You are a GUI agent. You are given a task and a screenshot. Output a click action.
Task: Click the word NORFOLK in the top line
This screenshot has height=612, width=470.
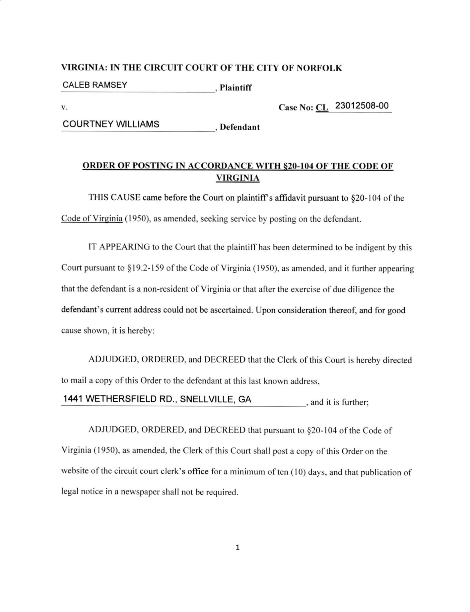click(319, 68)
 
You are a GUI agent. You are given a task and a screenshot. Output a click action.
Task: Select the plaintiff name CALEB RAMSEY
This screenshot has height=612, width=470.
click(95, 85)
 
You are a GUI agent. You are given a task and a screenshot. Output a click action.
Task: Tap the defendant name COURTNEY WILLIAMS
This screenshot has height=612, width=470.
click(111, 124)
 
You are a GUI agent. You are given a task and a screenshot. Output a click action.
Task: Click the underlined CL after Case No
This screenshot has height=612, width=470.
click(322, 108)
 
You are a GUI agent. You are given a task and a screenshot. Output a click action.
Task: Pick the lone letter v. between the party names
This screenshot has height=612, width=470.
click(64, 108)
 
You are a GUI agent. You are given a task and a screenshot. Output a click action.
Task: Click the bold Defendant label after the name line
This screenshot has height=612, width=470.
click(240, 127)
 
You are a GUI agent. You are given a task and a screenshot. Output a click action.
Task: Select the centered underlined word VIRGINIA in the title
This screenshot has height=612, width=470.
click(238, 178)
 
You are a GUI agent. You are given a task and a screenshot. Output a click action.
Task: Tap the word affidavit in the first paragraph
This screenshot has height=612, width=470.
click(290, 198)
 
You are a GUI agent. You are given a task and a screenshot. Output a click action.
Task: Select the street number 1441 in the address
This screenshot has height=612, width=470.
click(72, 399)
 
